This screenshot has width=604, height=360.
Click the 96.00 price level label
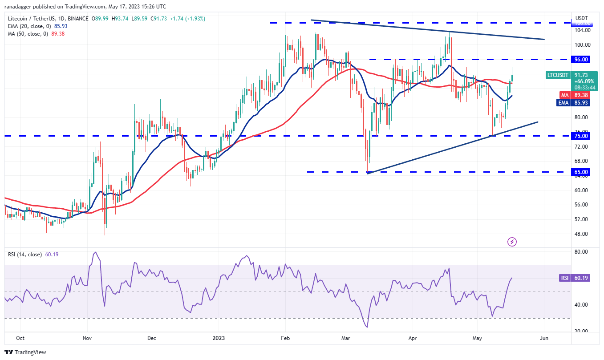[582, 59]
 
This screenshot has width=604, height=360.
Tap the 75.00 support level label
[582, 136]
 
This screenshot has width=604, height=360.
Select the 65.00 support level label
[582, 172]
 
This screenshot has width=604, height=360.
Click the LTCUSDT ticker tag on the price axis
[558, 75]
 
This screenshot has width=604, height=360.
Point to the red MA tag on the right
[564, 95]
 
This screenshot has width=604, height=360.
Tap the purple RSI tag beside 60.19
[564, 278]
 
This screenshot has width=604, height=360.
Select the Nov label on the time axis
[87, 338]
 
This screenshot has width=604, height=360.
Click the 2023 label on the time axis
[219, 338]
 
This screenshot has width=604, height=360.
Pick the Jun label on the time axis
[543, 338]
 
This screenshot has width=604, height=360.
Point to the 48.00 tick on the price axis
[582, 234]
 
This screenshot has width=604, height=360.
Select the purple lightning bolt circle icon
[512, 242]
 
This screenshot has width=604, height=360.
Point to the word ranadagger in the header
[20, 7]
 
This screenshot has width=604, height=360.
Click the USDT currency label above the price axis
[581, 18]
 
